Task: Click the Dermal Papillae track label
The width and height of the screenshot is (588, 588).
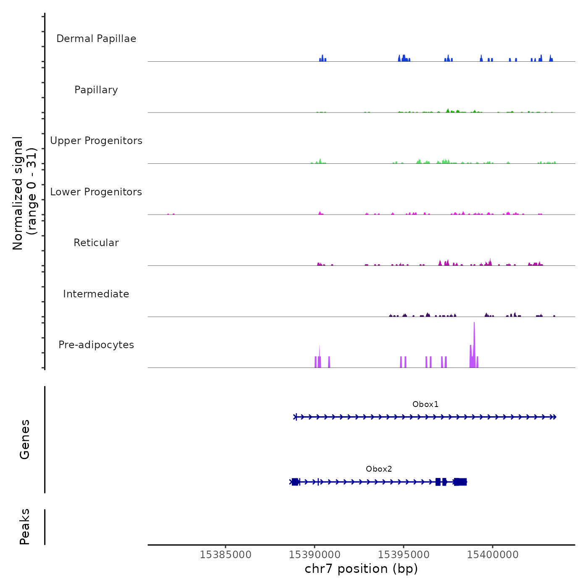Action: [96, 39]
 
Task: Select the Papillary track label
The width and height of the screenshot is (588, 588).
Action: [96, 90]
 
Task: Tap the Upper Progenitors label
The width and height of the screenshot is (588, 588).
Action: [96, 141]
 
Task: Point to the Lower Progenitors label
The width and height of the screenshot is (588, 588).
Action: [96, 192]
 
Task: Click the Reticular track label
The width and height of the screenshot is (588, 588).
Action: [96, 243]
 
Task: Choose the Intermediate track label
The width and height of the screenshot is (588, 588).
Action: [96, 294]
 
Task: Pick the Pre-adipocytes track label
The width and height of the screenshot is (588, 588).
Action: [96, 345]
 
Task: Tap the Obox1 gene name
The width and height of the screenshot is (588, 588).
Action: [425, 404]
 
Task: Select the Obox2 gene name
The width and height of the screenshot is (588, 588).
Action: [379, 469]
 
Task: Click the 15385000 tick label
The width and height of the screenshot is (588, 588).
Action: [226, 555]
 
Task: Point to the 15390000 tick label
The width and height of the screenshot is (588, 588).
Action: [315, 555]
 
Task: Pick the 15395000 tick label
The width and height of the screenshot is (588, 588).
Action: [404, 555]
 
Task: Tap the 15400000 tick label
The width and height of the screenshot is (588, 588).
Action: [493, 555]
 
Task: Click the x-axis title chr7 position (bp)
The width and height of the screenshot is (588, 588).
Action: [361, 569]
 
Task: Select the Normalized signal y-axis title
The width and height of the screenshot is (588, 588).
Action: [24, 193]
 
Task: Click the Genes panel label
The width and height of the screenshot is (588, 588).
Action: [25, 439]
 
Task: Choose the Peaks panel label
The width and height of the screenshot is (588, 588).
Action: [25, 527]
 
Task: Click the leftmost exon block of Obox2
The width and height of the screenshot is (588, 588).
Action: [295, 482]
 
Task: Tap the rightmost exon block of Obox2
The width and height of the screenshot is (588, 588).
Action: [460, 482]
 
